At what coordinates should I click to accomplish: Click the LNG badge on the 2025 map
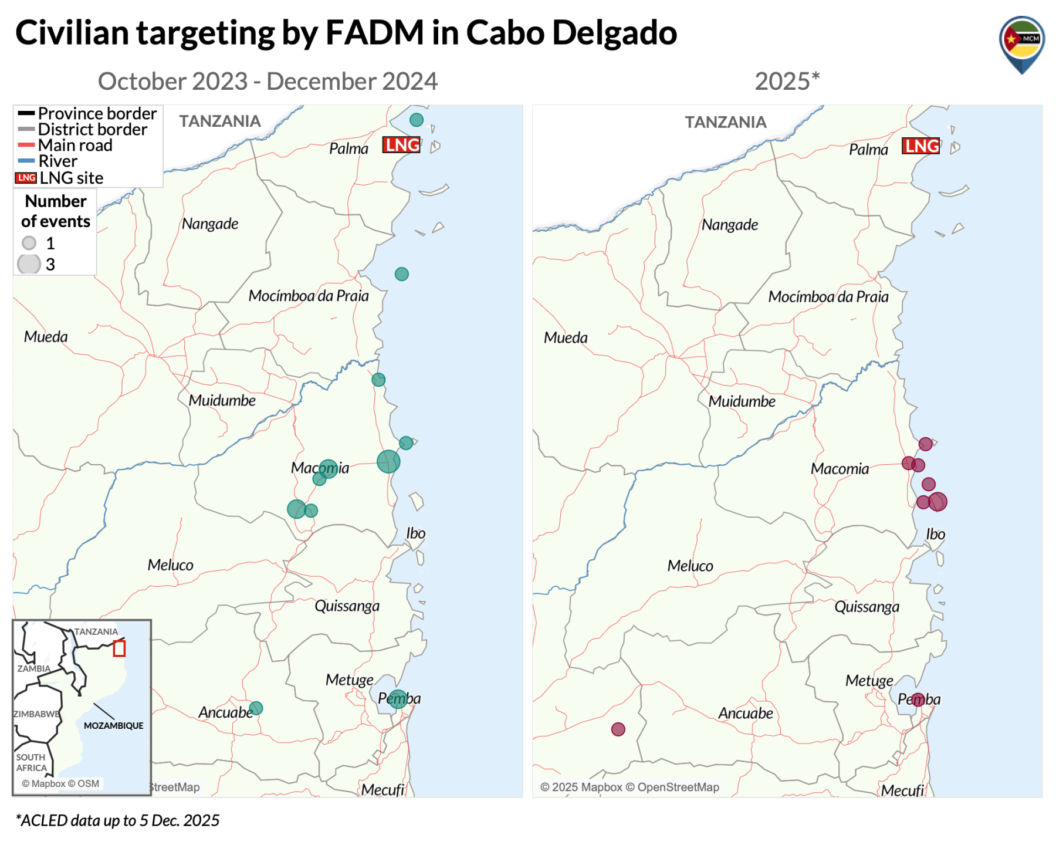[x=920, y=146]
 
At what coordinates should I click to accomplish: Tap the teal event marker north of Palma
[x=417, y=120]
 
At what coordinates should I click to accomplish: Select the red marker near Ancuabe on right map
[x=618, y=729]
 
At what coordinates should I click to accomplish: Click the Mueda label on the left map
[x=46, y=337]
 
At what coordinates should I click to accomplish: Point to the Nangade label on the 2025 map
[x=730, y=225]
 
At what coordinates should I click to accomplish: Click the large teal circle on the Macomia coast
[x=388, y=462]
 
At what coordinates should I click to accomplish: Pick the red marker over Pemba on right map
[x=918, y=699]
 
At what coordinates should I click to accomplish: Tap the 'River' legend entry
[x=57, y=161]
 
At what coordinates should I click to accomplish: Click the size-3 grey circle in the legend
[x=29, y=265]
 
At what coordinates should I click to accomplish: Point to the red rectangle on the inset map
[x=119, y=648]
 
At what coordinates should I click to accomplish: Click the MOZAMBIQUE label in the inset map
[x=113, y=726]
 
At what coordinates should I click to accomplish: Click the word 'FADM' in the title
[x=374, y=33]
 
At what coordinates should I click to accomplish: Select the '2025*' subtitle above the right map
[x=787, y=82]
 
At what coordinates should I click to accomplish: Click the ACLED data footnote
[x=117, y=820]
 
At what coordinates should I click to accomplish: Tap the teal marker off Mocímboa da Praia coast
[x=402, y=274]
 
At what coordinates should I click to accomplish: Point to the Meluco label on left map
[x=170, y=565]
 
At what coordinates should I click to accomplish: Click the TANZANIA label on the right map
[x=726, y=123]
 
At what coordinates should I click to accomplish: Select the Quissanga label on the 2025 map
[x=867, y=607]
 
